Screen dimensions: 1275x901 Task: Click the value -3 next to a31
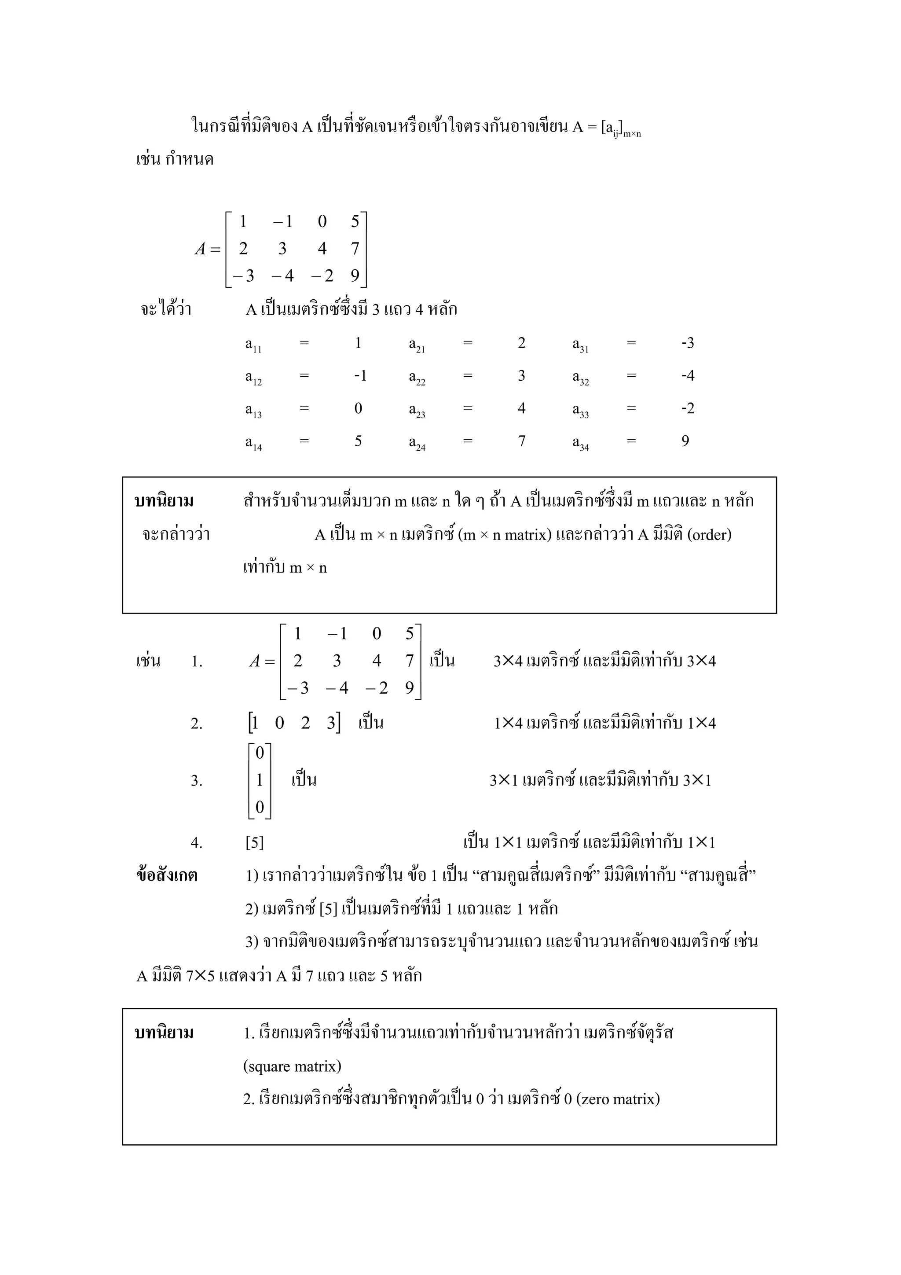point(687,343)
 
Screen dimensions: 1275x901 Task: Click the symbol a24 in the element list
point(417,443)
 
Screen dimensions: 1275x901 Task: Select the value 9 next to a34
point(685,441)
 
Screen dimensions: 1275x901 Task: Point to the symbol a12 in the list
point(253,378)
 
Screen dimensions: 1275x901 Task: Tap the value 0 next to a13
point(358,409)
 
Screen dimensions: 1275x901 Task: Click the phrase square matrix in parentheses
point(292,1066)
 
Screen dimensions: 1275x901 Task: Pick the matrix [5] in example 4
point(254,843)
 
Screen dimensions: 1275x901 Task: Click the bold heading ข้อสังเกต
point(167,876)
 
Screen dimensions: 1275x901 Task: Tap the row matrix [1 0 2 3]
point(294,723)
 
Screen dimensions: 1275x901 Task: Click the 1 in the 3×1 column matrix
point(259,780)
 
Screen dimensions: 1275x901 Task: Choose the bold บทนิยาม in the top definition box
point(165,501)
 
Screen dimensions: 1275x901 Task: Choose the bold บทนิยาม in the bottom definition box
point(165,1033)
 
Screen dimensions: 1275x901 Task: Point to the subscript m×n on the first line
point(632,134)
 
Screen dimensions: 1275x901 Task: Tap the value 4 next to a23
point(521,409)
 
